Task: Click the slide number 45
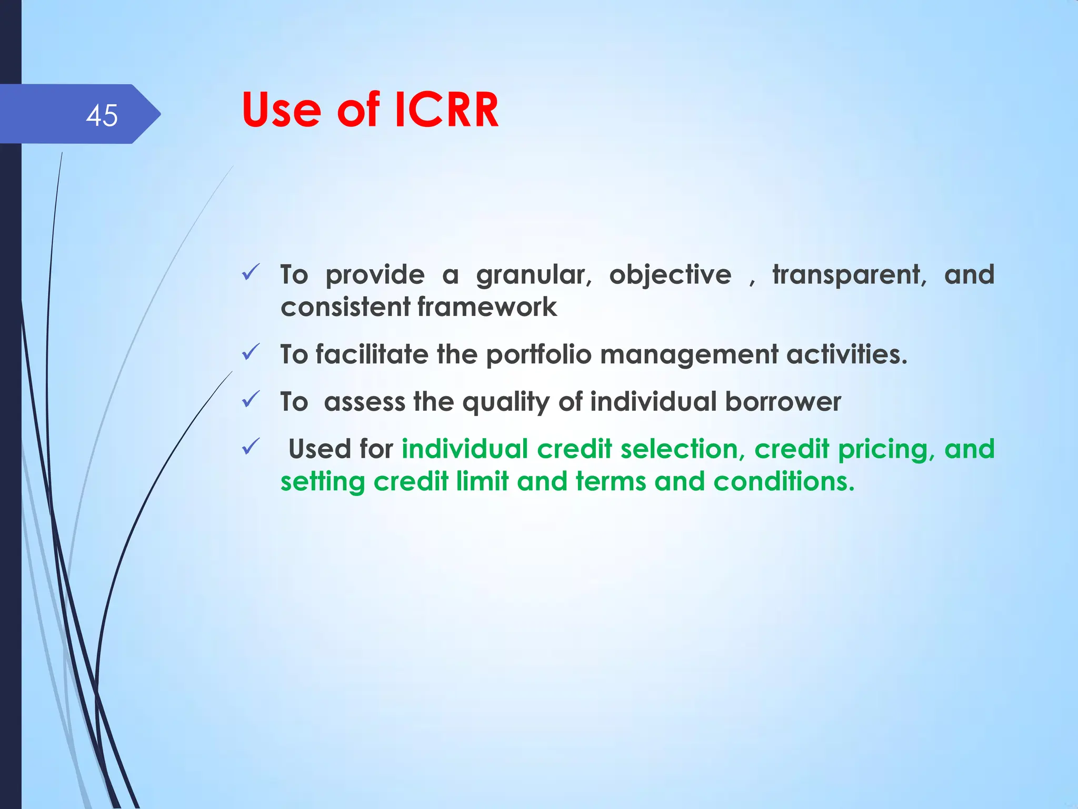(x=102, y=115)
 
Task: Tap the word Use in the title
(x=282, y=110)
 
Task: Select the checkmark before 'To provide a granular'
(x=251, y=272)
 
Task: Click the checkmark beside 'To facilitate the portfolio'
(x=251, y=352)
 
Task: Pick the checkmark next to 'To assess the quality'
(x=251, y=399)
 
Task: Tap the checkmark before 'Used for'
(x=251, y=447)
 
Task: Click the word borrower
(x=783, y=402)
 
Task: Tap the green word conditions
(x=784, y=481)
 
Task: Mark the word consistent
(x=345, y=307)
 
